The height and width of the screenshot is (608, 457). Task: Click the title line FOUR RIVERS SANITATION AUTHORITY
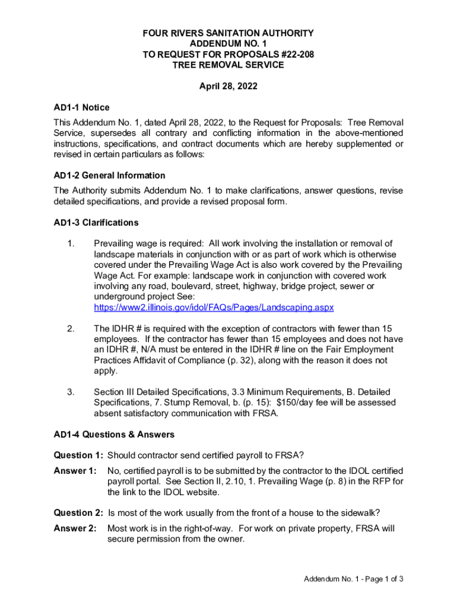click(x=228, y=34)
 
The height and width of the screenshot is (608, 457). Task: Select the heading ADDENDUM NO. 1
click(x=228, y=45)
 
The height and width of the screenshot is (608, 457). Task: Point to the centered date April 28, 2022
click(x=228, y=86)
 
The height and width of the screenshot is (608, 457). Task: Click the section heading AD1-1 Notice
click(x=81, y=107)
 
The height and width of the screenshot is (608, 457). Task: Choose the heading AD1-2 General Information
click(x=109, y=176)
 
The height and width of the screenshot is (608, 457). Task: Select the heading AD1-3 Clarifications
click(x=96, y=223)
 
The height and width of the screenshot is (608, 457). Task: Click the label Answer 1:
click(x=75, y=471)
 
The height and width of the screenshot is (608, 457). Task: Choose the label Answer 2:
click(x=75, y=528)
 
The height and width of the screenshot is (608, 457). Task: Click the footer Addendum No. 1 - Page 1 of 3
click(x=354, y=579)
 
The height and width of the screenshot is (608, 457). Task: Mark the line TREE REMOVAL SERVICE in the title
click(x=228, y=65)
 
